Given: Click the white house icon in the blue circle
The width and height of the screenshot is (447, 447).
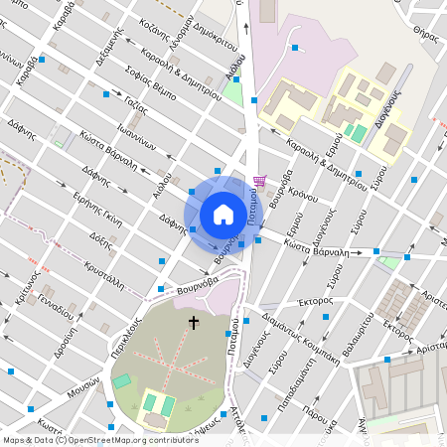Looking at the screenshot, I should point(223,214).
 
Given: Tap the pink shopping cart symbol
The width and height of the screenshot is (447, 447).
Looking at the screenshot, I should point(260,181).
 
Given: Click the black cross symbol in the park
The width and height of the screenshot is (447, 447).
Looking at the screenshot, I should point(193,323).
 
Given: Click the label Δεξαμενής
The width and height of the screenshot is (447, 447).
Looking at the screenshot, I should point(108,47).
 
